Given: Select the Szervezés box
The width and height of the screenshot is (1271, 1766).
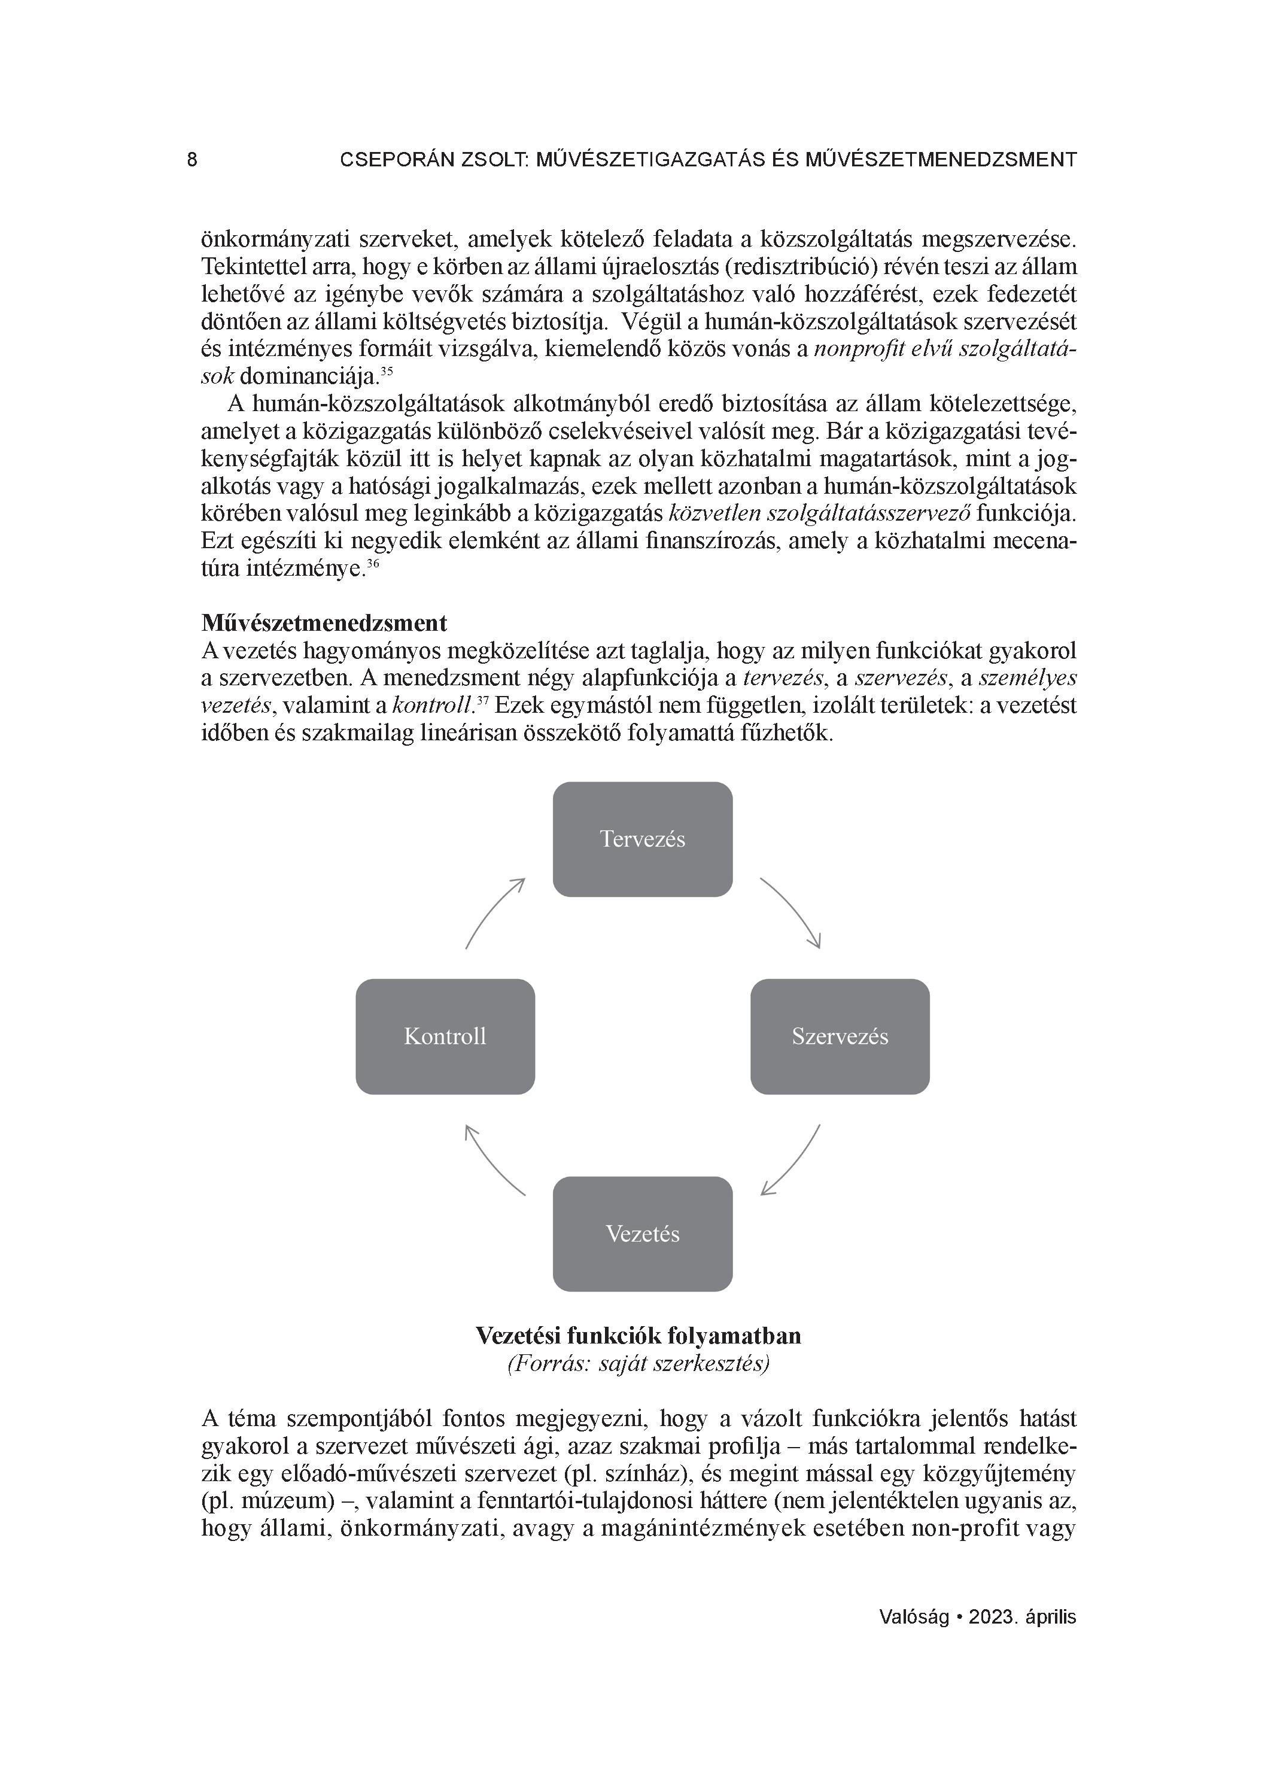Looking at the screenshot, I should click(840, 1036).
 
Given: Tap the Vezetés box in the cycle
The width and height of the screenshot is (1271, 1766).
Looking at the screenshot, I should click(643, 1233).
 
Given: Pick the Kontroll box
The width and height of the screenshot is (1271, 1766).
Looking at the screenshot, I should click(445, 1036).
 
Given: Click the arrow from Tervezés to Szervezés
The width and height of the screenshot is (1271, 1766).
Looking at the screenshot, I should click(793, 910).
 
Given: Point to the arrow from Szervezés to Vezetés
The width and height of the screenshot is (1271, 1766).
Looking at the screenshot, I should click(793, 1161).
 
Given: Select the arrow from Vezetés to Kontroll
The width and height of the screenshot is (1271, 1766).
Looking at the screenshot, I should click(493, 1161).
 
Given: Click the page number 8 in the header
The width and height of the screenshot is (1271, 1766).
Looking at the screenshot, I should click(192, 160).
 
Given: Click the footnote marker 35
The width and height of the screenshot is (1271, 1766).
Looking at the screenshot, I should click(387, 372).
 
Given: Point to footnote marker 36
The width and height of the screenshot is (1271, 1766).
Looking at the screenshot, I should click(373, 564).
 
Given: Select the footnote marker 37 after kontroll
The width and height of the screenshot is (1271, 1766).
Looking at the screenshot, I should click(481, 701).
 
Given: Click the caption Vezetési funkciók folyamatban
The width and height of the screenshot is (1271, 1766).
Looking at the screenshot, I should click(638, 1335).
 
